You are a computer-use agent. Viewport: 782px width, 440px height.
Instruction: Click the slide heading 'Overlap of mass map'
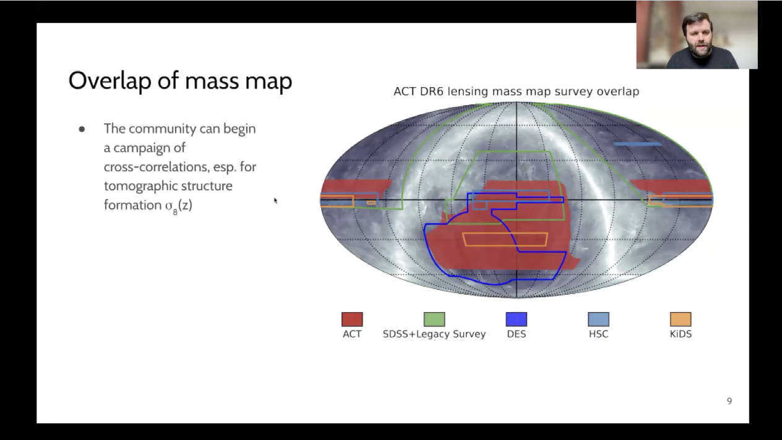[180, 81]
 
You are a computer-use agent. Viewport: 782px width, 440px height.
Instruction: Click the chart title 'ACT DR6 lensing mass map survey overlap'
[516, 91]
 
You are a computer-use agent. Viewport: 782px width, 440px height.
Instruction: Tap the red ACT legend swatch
[352, 319]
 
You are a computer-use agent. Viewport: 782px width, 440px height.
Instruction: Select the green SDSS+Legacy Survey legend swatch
[434, 319]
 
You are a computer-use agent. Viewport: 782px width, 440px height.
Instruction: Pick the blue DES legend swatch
[516, 319]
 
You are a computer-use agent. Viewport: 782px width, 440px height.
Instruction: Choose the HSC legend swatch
[598, 319]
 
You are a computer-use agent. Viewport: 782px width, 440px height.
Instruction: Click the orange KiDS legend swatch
[681, 319]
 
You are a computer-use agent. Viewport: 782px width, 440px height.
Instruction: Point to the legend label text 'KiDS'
[681, 334]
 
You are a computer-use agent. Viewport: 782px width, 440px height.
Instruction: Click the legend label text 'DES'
[516, 334]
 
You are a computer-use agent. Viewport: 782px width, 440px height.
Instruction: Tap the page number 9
[729, 401]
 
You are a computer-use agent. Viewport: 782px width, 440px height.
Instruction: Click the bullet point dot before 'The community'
[82, 129]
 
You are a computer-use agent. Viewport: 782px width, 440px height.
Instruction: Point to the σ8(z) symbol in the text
[178, 206]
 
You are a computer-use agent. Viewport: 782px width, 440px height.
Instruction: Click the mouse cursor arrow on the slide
[275, 200]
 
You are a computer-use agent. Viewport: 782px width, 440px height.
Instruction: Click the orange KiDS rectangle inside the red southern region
[505, 239]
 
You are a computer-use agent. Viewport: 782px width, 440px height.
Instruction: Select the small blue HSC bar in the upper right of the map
[637, 144]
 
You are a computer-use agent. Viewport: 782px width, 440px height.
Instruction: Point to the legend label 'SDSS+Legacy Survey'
[434, 334]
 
